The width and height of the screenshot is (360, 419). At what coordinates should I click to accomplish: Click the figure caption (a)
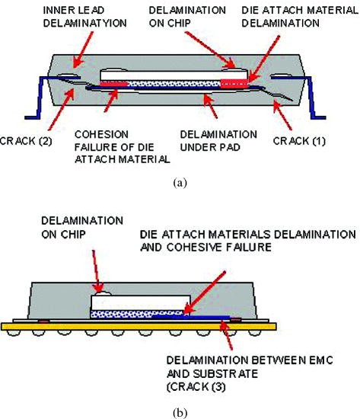(x=180, y=183)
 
